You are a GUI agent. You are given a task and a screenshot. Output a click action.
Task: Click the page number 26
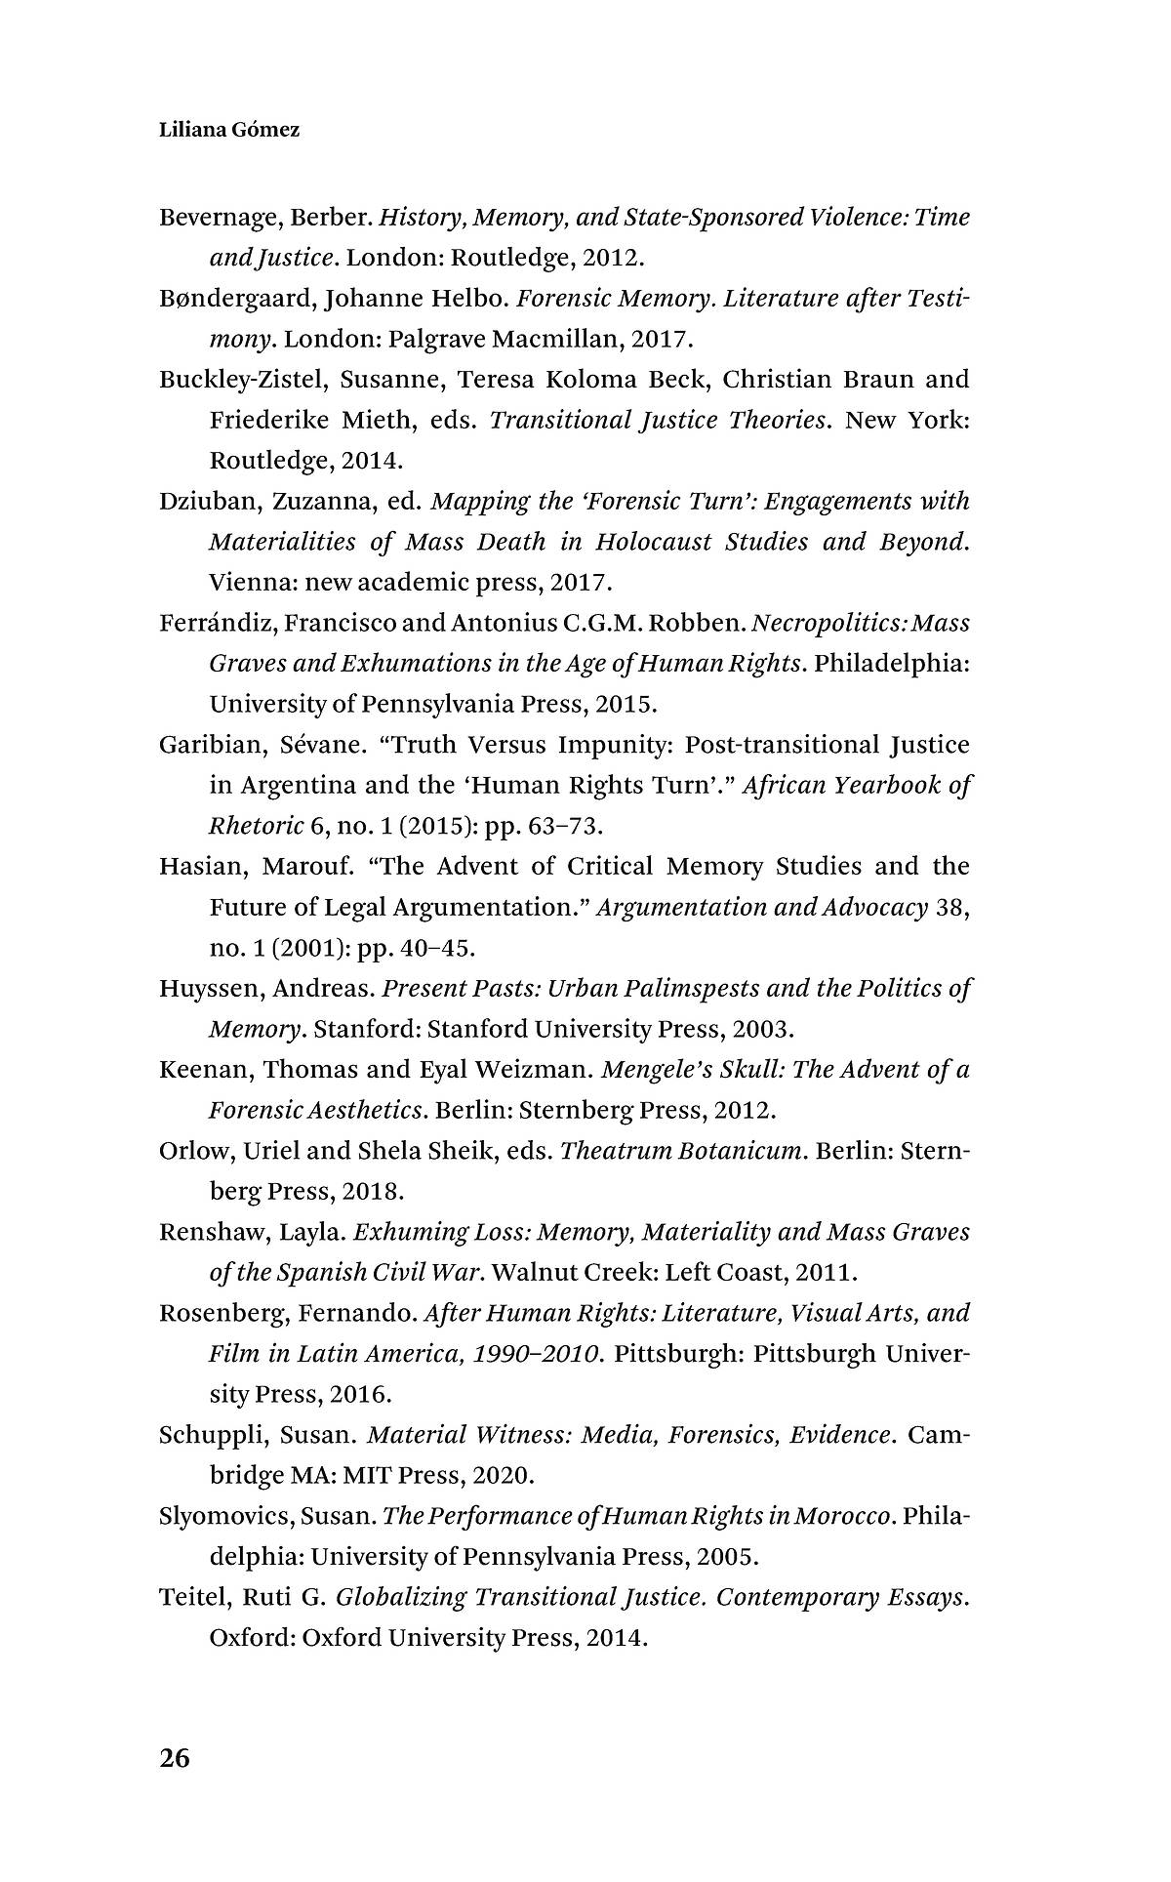175,1759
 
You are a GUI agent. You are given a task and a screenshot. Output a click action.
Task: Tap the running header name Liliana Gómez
229,129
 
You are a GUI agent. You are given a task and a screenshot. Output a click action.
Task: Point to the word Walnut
533,1273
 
